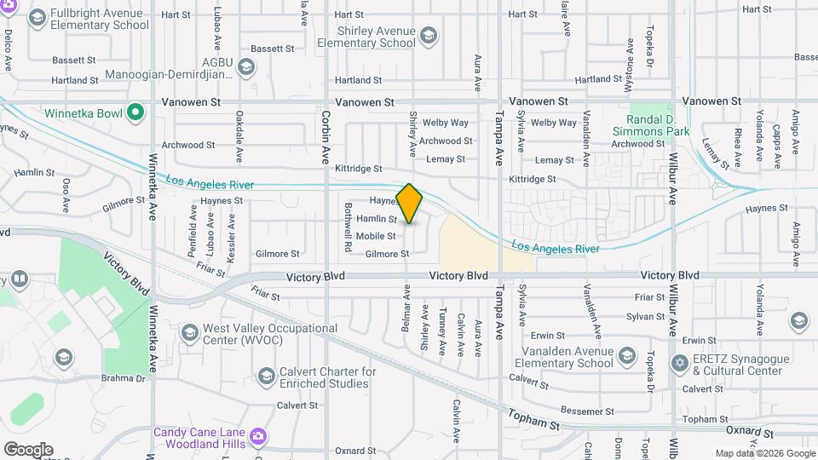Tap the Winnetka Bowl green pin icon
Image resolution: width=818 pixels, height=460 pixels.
pyautogui.click(x=135, y=112)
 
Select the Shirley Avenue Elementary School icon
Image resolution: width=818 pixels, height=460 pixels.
pyautogui.click(x=429, y=36)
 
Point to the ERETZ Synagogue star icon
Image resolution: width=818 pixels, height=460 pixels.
pyautogui.click(x=680, y=364)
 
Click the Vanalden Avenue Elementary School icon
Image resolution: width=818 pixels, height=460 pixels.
pyautogui.click(x=627, y=355)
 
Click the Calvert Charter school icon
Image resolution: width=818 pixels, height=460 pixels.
pyautogui.click(x=266, y=376)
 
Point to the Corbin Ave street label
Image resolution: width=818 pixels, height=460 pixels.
pyautogui.click(x=325, y=135)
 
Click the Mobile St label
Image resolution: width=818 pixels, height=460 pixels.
pyautogui.click(x=376, y=236)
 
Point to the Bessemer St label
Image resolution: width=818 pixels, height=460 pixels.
pyautogui.click(x=582, y=411)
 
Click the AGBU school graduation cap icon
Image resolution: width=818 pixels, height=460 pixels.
pyautogui.click(x=246, y=66)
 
